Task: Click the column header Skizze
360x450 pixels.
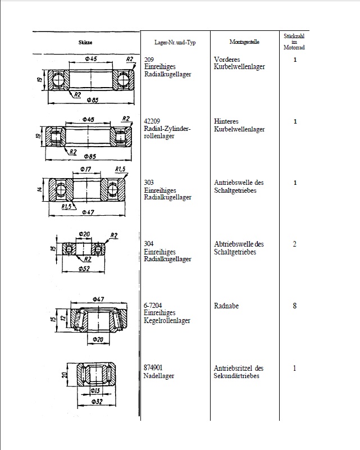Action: point(86,43)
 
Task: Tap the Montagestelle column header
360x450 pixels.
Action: point(244,42)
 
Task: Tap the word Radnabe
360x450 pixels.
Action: point(227,306)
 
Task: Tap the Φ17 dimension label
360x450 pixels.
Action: point(86,169)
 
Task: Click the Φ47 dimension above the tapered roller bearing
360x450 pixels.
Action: point(99,299)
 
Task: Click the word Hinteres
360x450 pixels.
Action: point(227,121)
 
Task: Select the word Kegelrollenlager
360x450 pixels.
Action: point(167,321)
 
